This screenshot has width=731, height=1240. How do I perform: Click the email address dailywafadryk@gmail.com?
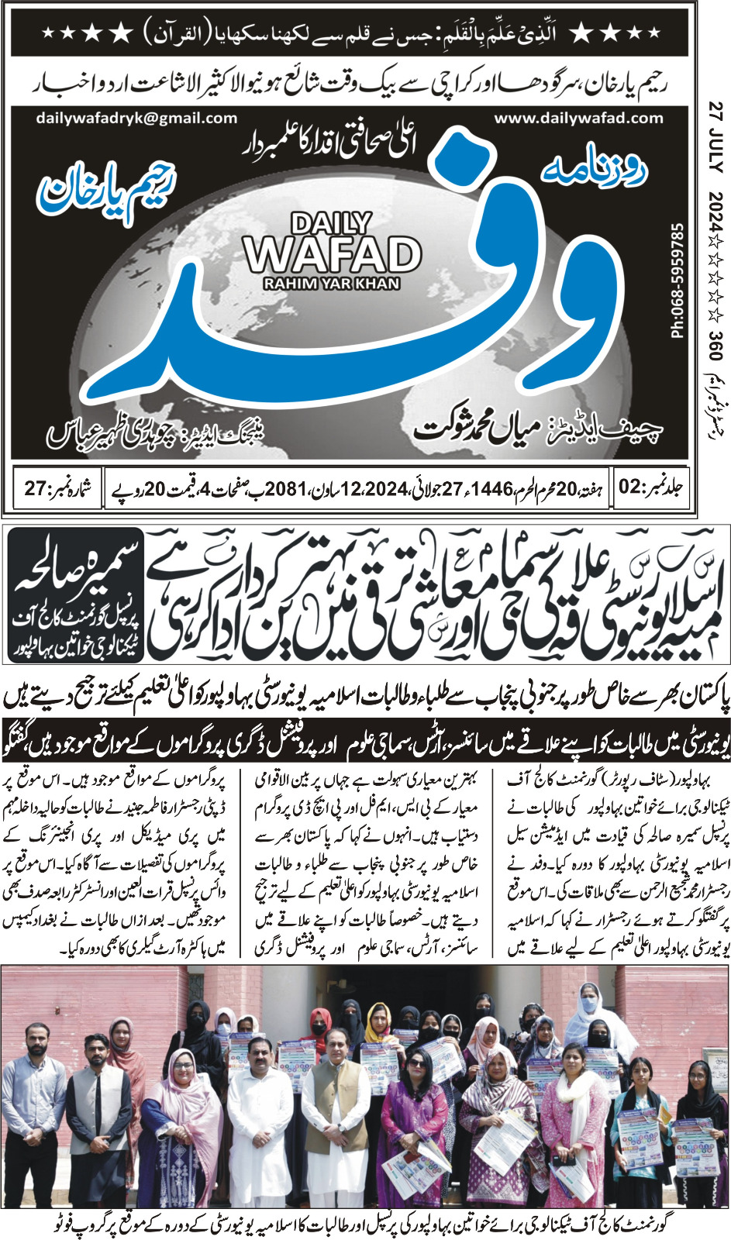(136, 119)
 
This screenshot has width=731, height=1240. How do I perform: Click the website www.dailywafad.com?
(578, 119)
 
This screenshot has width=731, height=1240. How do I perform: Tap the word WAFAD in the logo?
(332, 253)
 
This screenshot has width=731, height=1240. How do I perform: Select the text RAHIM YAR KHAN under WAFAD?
(332, 284)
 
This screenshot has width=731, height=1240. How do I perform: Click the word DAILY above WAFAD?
(331, 224)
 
